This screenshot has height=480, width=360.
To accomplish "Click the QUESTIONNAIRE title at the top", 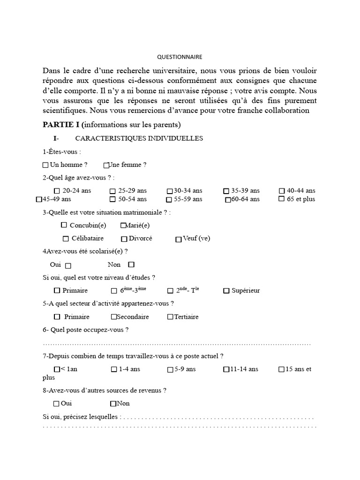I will [x=180, y=57].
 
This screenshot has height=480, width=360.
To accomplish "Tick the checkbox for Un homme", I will [x=45, y=165].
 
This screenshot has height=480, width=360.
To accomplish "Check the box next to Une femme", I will [x=106, y=165].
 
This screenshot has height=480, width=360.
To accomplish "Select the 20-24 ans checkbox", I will [x=57, y=191].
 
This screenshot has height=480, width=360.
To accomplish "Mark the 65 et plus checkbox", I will [x=282, y=199].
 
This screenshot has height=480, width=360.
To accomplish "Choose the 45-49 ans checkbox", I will [x=39, y=199].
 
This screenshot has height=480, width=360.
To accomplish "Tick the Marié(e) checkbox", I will [x=123, y=225].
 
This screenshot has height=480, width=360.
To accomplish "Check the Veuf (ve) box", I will [x=179, y=239].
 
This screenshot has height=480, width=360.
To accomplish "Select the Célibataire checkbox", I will [x=66, y=239].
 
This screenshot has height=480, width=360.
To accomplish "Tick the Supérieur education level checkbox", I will [x=226, y=291].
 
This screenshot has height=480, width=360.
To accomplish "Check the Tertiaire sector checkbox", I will [x=170, y=317].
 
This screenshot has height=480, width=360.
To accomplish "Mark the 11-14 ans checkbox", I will [x=226, y=369].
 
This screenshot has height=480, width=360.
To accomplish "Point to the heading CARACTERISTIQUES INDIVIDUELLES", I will [x=139, y=138].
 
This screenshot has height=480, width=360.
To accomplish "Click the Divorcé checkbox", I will [x=124, y=239].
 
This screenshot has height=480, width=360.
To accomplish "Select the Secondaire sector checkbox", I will [x=114, y=317].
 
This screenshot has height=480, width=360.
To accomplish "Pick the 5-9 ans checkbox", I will [x=170, y=369].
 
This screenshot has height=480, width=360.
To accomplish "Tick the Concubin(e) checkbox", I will [x=64, y=225].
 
